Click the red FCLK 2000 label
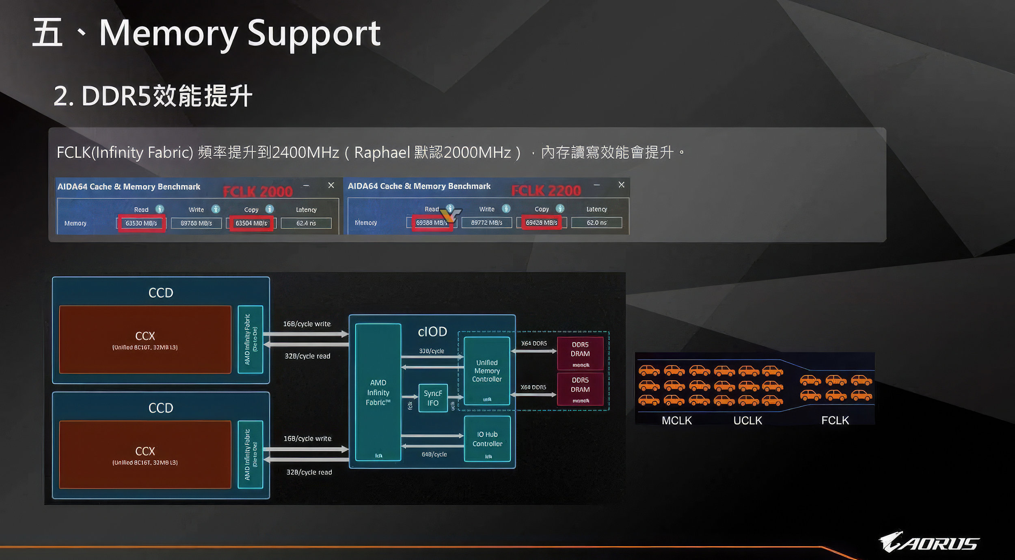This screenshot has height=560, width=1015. tap(258, 192)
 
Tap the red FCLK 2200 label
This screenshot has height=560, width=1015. tap(546, 191)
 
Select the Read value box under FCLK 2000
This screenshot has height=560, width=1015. tap(141, 223)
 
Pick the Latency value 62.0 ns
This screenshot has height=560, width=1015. tap(596, 223)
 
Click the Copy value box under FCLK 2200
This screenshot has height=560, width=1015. tap(541, 223)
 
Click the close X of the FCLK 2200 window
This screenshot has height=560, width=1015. tap(621, 185)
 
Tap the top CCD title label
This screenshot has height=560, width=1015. tap(161, 293)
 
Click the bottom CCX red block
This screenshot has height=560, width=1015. tap(145, 454)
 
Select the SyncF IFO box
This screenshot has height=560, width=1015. tap(433, 398)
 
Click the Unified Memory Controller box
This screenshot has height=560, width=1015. tap(487, 370)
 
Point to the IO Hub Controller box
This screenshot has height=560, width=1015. tap(487, 439)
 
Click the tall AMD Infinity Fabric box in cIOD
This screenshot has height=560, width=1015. tap(378, 392)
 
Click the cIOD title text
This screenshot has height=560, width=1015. tap(432, 332)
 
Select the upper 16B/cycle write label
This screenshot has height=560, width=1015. tap(307, 324)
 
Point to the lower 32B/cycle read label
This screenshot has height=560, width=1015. tap(309, 472)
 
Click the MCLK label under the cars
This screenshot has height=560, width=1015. tap(676, 420)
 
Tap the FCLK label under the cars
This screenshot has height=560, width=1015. tap(835, 420)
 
